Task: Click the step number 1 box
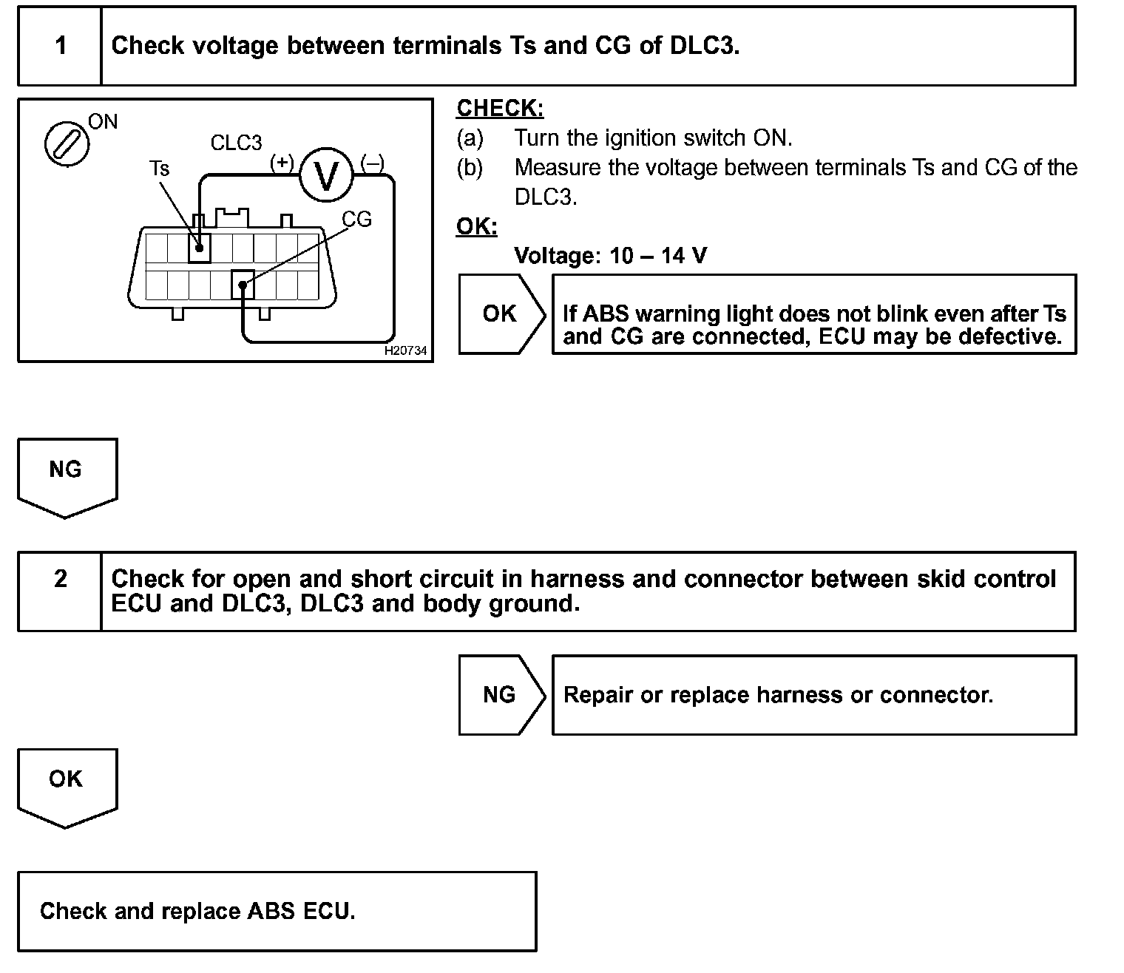60,46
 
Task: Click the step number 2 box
60,591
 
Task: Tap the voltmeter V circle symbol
326,174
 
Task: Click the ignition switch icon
67,143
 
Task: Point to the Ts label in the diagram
159,169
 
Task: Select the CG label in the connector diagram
356,219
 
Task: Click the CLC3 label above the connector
236,143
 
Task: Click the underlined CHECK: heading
500,108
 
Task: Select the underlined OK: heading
477,226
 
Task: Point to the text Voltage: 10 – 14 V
610,256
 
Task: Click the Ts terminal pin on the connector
199,247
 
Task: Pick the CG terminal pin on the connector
243,284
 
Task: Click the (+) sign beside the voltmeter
282,162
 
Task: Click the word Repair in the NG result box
598,695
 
